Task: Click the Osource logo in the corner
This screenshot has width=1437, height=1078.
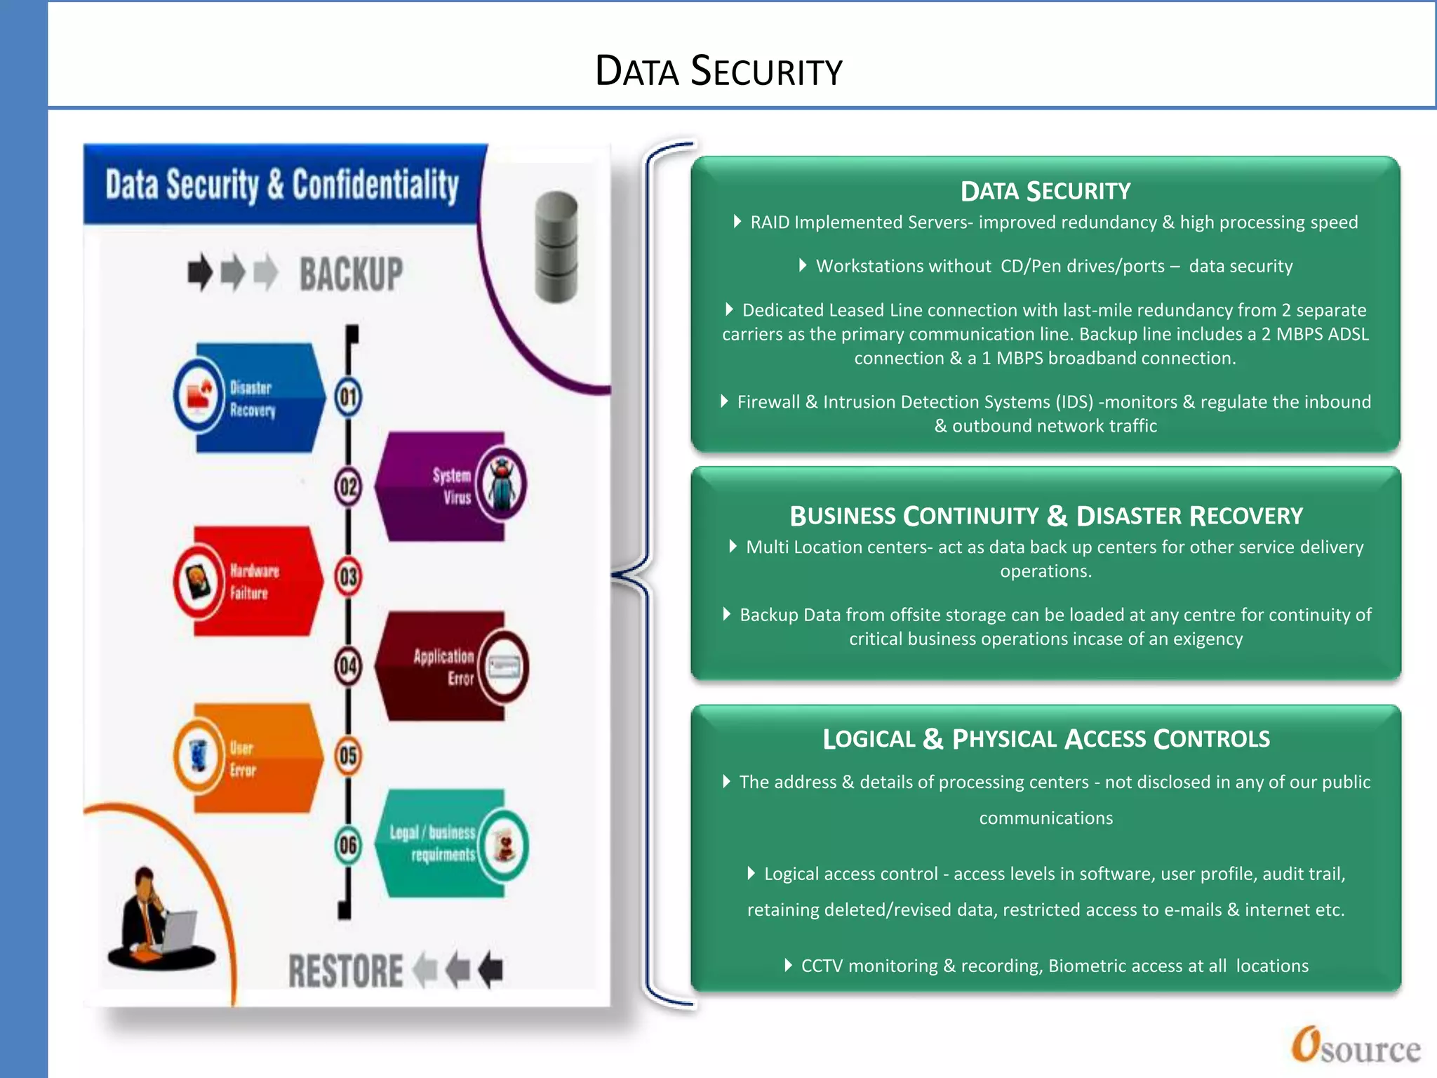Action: [1355, 1046]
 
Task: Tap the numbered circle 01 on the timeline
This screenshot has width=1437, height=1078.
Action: [348, 397]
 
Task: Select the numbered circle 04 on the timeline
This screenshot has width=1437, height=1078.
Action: [348, 666]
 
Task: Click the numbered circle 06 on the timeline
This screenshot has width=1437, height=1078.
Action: [348, 845]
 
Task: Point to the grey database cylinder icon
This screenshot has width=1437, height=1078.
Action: [556, 246]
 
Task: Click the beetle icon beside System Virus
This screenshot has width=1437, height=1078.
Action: [502, 484]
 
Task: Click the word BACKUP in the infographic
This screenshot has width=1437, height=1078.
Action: [351, 274]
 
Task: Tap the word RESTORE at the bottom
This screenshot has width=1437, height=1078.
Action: [345, 971]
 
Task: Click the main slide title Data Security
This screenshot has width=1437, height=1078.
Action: [718, 71]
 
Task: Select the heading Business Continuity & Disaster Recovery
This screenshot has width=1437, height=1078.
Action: [1045, 516]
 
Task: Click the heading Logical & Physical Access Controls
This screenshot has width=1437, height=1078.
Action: [1045, 739]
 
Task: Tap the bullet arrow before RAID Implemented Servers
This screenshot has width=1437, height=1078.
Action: [737, 222]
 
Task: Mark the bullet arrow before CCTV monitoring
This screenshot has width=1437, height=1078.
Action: [788, 965]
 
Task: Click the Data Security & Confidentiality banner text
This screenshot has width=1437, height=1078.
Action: [282, 185]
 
